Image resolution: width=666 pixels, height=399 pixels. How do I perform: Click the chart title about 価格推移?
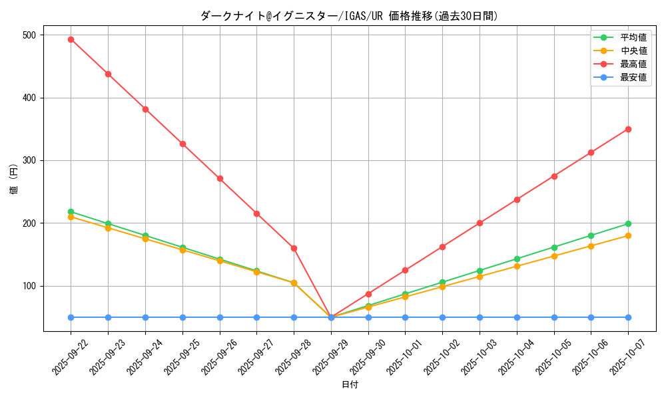pyautogui.click(x=349, y=16)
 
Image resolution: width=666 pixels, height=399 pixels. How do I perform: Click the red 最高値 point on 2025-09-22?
pyautogui.click(x=71, y=39)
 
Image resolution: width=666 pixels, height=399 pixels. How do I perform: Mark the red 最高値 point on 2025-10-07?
pyautogui.click(x=628, y=129)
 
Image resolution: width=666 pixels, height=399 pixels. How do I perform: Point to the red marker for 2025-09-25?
pyautogui.click(x=182, y=144)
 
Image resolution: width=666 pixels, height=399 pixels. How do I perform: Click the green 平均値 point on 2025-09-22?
pyautogui.click(x=71, y=211)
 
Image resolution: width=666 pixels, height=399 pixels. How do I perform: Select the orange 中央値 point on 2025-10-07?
pyautogui.click(x=628, y=235)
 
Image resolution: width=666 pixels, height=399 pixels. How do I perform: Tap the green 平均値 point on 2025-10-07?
pyautogui.click(x=628, y=223)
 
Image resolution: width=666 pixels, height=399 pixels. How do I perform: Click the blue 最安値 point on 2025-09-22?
pyautogui.click(x=71, y=317)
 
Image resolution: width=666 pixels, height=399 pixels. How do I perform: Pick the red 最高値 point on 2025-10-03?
pyautogui.click(x=480, y=223)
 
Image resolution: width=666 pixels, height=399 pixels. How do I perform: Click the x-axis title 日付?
pyautogui.click(x=350, y=385)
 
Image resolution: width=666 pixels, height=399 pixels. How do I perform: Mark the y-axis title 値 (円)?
pyautogui.click(x=14, y=179)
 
